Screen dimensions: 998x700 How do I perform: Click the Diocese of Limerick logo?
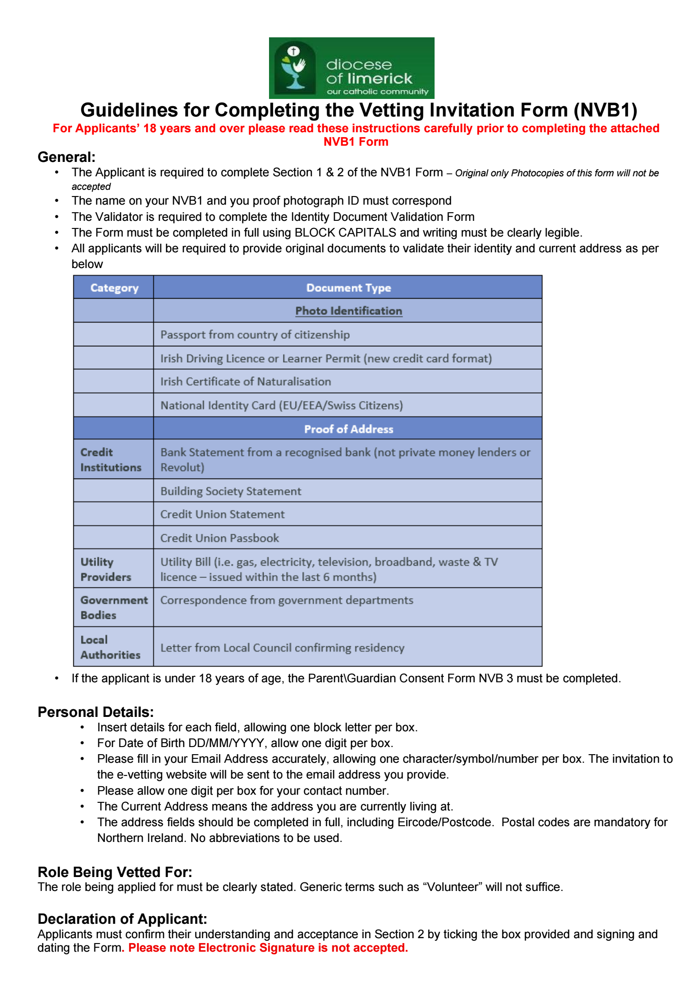coord(351,68)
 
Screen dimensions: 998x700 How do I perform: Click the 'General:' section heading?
coord(67,157)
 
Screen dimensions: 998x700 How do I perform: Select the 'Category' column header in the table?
coord(114,288)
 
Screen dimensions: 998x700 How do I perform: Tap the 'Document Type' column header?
coord(348,288)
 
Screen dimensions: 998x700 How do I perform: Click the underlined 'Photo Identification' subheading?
coord(348,311)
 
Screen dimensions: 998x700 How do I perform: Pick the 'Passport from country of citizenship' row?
coord(255,335)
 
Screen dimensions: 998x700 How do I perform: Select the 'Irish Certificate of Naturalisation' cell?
coord(246,381)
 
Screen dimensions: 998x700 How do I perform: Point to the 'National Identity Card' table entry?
coord(282,405)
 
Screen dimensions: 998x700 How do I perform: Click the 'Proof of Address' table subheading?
coord(348,429)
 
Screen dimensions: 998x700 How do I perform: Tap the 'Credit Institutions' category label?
coord(111,460)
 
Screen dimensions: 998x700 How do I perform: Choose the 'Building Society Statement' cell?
coord(231,491)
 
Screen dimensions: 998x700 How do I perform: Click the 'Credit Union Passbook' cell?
coord(220,538)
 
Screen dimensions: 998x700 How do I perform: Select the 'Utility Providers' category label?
coord(106,569)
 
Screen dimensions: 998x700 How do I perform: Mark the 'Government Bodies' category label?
coord(114,608)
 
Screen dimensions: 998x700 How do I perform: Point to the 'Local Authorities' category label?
coord(110,647)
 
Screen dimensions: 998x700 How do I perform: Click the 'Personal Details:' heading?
coord(96,712)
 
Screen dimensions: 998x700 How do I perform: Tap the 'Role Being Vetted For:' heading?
coord(115,872)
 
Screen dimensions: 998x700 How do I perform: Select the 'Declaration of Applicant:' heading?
coord(122,919)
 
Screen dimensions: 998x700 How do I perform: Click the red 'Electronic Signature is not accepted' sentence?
coord(268,948)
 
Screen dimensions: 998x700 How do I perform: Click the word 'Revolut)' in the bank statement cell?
coord(182,467)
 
